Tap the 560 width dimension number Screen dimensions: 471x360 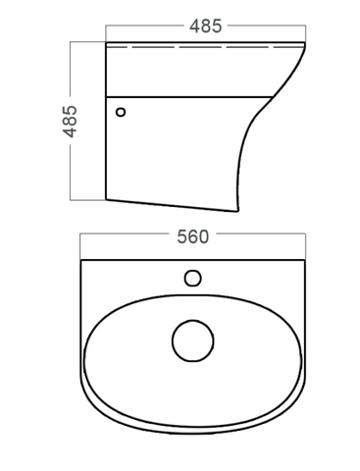point(193,236)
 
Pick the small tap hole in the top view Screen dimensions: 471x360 point(193,279)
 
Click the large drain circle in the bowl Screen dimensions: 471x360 point(192,340)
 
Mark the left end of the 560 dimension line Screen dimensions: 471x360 point(81,236)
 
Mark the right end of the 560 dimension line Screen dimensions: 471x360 point(304,236)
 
